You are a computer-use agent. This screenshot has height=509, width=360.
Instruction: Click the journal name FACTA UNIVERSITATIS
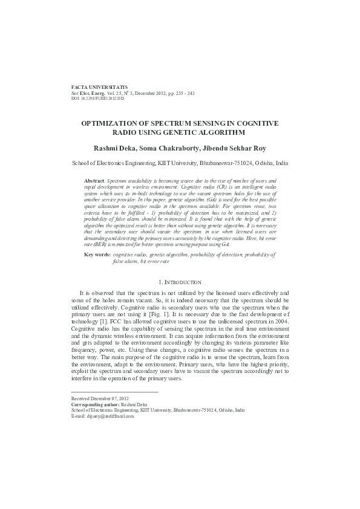[x=99, y=88]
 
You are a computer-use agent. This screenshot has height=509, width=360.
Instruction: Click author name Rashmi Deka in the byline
[x=115, y=148]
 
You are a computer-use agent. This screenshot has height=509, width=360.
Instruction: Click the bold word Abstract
[x=94, y=181]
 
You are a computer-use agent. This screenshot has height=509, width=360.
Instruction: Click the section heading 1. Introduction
[x=180, y=282]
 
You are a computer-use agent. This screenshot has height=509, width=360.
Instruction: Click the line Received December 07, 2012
[x=100, y=400]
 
